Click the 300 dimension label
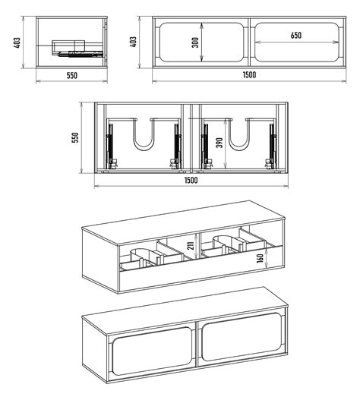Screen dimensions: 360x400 195,43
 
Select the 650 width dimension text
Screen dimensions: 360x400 296,35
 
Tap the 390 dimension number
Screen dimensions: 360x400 219,143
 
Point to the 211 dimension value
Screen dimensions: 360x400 191,246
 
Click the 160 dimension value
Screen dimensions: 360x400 261,258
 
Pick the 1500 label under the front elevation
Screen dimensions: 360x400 249,75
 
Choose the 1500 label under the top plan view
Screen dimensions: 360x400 191,181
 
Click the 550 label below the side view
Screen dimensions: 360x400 71,75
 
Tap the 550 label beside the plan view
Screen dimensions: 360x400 76,137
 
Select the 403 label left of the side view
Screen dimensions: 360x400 17,43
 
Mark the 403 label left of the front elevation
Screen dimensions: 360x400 133,42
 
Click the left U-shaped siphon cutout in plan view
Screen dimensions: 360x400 144,134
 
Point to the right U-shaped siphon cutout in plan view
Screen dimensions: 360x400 239,134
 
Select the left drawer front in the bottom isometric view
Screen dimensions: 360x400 152,351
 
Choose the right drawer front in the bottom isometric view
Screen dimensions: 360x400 242,337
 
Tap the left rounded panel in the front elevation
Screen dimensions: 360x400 201,42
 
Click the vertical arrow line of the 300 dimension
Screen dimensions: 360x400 202,42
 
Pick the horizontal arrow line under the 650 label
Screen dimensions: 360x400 297,42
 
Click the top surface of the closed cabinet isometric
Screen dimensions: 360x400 185,310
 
